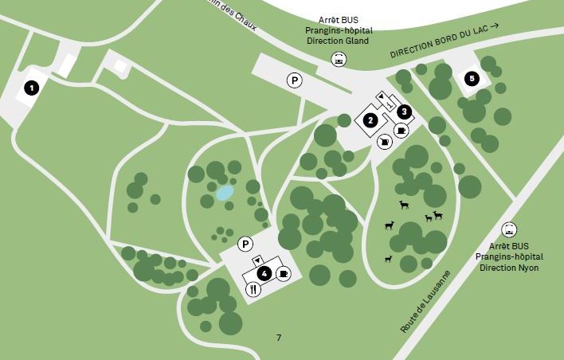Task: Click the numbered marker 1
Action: click(31, 88)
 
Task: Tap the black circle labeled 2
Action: click(370, 121)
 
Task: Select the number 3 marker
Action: click(405, 112)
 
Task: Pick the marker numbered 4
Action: click(263, 273)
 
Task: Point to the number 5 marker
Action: click(472, 78)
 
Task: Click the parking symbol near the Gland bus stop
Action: click(294, 80)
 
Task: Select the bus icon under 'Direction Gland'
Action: click(339, 59)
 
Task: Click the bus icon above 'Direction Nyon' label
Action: click(509, 229)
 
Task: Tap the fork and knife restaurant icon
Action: click(253, 289)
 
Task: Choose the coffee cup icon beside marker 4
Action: click(284, 273)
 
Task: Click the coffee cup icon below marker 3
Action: click(401, 130)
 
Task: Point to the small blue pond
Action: click(225, 193)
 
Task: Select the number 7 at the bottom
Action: click(279, 338)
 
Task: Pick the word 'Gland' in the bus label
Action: click(357, 41)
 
